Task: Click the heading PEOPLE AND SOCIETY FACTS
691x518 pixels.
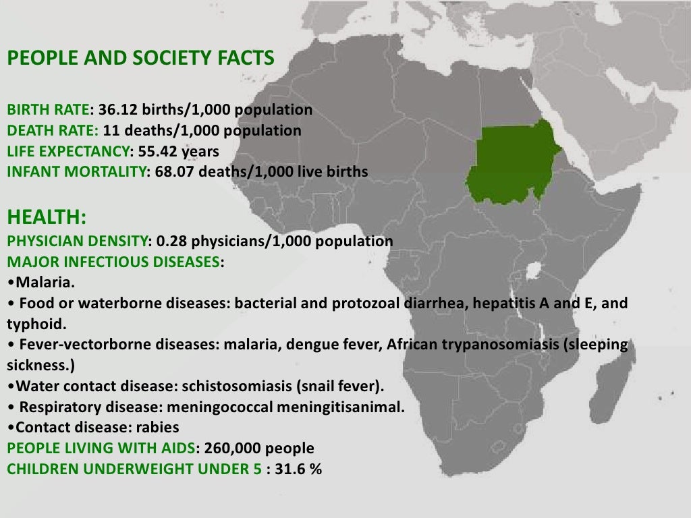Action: tap(140, 59)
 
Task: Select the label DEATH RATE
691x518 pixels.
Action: tap(52, 130)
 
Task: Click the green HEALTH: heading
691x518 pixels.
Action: tap(47, 217)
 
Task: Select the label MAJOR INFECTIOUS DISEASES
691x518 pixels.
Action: tap(112, 262)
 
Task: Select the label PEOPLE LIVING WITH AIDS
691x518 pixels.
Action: tap(101, 449)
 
